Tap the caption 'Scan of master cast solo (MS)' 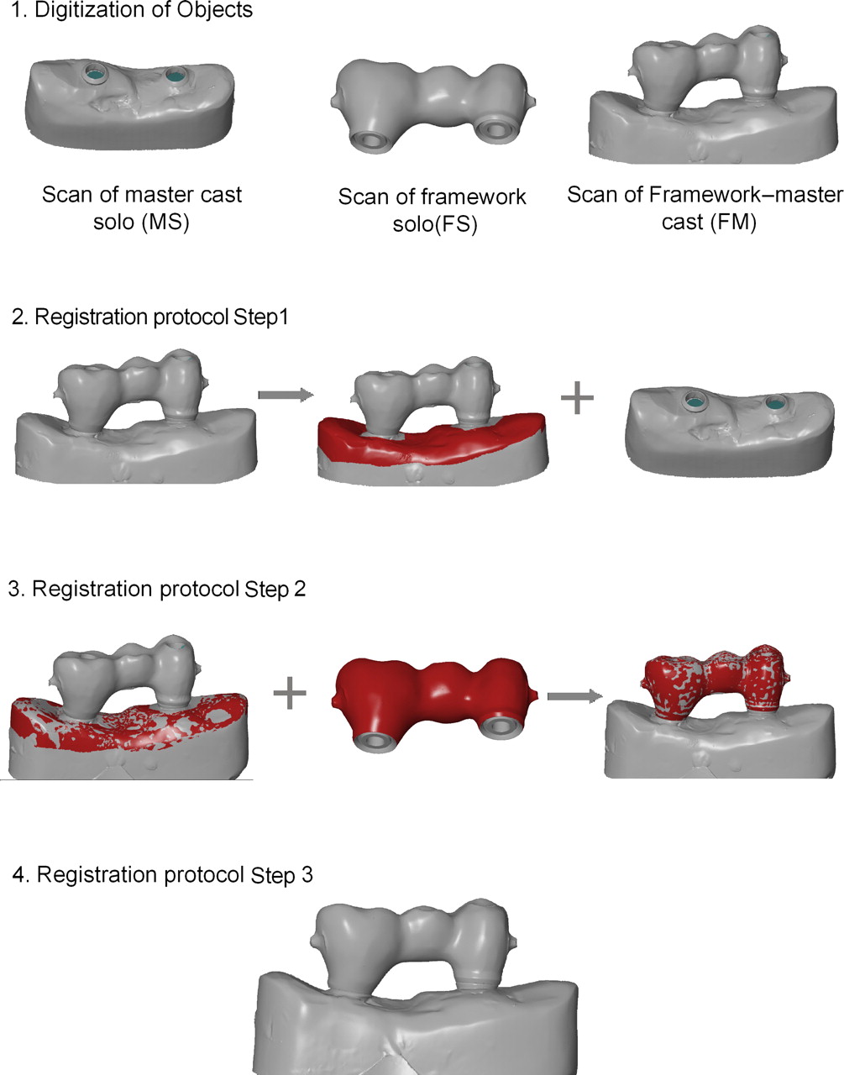point(142,209)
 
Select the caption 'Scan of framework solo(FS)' point(432,211)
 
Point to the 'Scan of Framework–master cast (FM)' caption point(704,209)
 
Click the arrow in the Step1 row point(285,393)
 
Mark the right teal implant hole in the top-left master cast point(175,76)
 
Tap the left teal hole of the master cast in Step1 point(695,399)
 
